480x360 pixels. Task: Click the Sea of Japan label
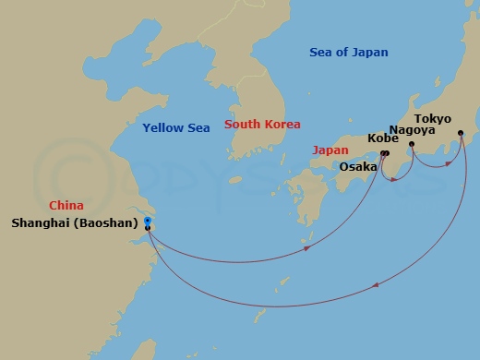tap(349, 53)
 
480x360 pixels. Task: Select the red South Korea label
tap(262, 125)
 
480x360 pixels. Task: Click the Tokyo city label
tap(433, 119)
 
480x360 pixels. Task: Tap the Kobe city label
tap(382, 139)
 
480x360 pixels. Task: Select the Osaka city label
tap(358, 167)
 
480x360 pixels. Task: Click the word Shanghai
tap(42, 222)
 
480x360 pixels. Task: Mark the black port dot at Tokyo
tap(461, 133)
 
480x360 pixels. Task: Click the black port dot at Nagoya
tap(412, 145)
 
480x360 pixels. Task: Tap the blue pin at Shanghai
tap(148, 221)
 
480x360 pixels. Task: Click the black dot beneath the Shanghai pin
tap(148, 228)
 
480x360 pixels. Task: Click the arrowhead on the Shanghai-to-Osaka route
tap(306, 247)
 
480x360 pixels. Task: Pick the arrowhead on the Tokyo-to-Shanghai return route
tap(376, 286)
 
